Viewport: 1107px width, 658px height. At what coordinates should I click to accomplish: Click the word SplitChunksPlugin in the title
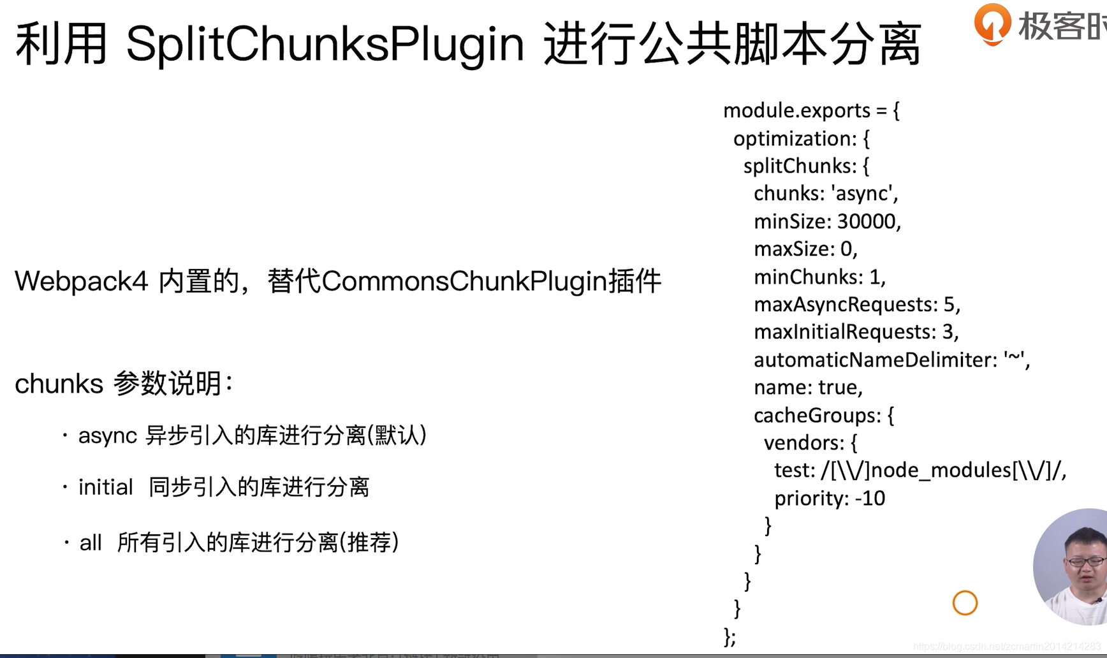pyautogui.click(x=325, y=45)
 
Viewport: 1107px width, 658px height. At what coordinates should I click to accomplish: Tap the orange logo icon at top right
pyautogui.click(x=992, y=24)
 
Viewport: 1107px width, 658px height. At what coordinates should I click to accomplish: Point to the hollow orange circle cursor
pyautogui.click(x=965, y=603)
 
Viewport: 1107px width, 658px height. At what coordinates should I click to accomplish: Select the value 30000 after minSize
pyautogui.click(x=866, y=221)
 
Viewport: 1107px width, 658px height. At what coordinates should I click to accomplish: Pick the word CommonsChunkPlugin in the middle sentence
pyautogui.click(x=464, y=281)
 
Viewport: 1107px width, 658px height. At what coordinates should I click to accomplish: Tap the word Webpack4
pyautogui.click(x=81, y=281)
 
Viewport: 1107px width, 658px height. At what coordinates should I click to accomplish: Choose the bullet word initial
pyautogui.click(x=105, y=488)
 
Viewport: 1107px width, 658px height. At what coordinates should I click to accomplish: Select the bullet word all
pyautogui.click(x=90, y=543)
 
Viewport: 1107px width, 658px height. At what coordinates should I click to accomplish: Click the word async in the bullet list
pyautogui.click(x=107, y=436)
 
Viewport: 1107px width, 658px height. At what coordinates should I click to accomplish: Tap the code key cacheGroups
pyautogui.click(x=816, y=416)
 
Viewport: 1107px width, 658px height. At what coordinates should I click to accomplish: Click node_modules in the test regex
pyautogui.click(x=941, y=471)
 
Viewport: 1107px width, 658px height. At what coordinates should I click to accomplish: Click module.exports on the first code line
pyautogui.click(x=796, y=111)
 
